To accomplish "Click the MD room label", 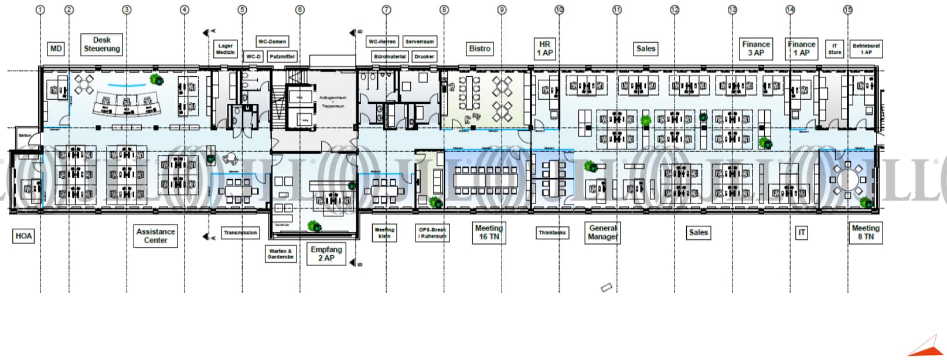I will tap(56, 49).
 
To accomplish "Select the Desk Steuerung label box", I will tap(101, 45).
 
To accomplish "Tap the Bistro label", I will tap(479, 49).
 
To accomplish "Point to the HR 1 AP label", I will tap(544, 49).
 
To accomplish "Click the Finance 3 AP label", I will tap(756, 49).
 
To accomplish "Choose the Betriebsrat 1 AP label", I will tap(866, 49).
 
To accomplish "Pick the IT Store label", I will tap(834, 49).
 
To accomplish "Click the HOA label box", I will tap(23, 236).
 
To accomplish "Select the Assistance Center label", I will tap(155, 236).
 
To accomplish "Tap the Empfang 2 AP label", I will tap(326, 254).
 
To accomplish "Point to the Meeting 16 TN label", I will tap(489, 232).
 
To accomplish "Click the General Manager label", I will tap(603, 232).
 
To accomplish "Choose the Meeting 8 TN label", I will tap(866, 232).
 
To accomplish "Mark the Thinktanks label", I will tap(552, 233).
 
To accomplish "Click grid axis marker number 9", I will tap(502, 10).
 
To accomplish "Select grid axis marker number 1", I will tap(40, 10).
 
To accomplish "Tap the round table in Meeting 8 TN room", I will tap(847, 179).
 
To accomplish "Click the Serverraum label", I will tap(420, 42).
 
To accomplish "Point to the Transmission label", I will tap(240, 233).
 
